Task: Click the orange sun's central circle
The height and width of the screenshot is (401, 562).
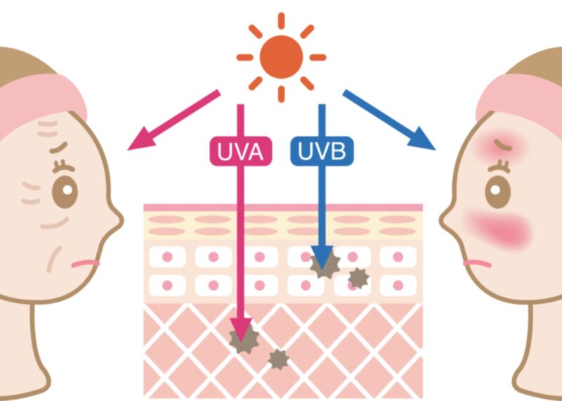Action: tap(280, 56)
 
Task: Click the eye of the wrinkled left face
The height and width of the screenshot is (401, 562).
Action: tap(65, 189)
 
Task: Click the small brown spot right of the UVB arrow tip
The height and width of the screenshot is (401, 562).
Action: tap(358, 278)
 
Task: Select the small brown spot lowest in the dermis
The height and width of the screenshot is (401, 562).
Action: tap(279, 359)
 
